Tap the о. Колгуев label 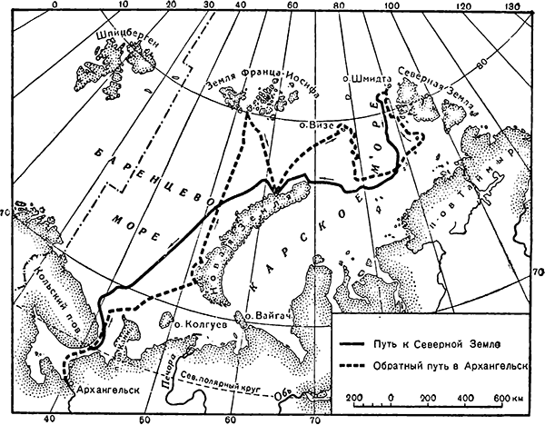[x=193, y=322]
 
